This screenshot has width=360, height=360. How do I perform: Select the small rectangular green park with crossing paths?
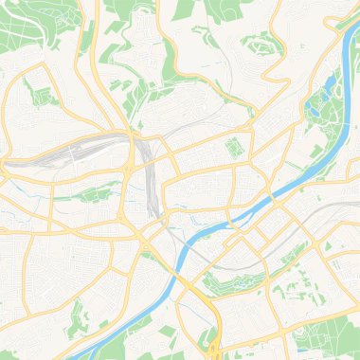click(x=232, y=148)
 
